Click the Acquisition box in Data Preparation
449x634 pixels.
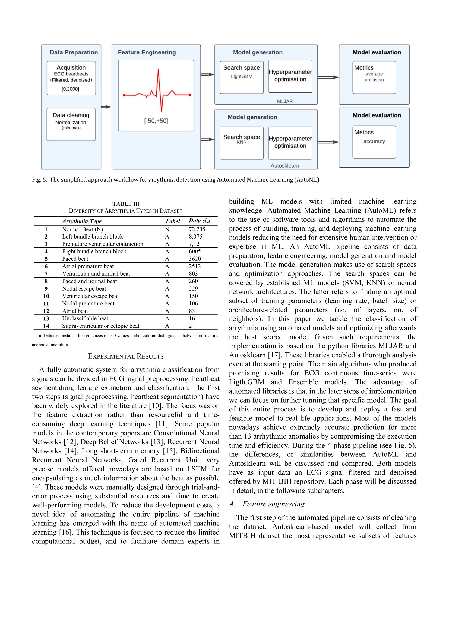coord(71,78)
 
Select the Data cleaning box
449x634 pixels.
coord(71,124)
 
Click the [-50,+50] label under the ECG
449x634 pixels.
coord(156,121)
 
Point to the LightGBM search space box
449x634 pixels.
coord(241,77)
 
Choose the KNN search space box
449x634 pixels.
coord(241,143)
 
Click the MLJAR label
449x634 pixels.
coord(284,101)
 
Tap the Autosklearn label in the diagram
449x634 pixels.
coord(284,166)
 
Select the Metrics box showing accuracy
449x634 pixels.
coord(374,142)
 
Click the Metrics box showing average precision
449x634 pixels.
coord(374,77)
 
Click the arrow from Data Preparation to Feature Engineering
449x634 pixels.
coord(106,107)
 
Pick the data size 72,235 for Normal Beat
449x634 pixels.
coord(197,229)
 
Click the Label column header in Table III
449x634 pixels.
coord(173,221)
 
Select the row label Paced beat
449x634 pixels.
coord(75,259)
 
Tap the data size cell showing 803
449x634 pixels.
coord(193,274)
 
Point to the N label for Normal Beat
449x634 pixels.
coord(167,229)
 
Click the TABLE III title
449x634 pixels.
coord(126,204)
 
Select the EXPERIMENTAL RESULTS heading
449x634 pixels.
coord(126,356)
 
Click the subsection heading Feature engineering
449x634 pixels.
coord(273,504)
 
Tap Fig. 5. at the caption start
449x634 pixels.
coord(40,180)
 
